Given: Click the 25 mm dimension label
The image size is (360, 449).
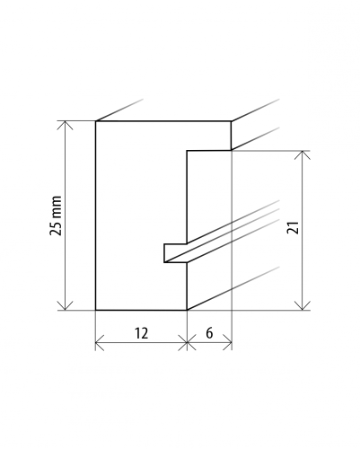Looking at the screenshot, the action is [x=56, y=216].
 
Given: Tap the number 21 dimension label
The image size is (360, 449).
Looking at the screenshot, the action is [x=293, y=227].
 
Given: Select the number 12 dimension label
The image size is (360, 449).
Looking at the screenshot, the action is [x=141, y=333].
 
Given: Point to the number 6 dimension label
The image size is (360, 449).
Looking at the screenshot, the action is [x=209, y=333].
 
